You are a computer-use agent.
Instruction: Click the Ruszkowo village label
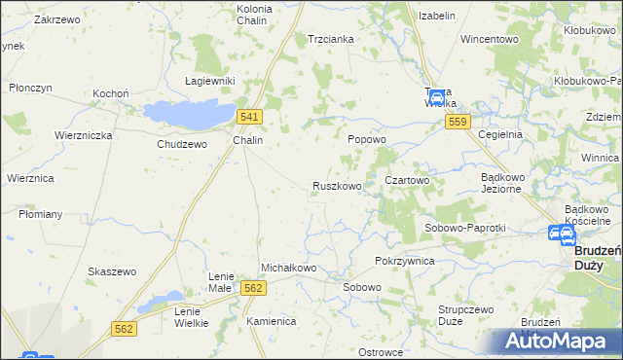337,185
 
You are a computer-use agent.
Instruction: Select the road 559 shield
459,122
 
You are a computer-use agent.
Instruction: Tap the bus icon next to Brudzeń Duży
561,234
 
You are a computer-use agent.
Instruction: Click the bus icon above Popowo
437,98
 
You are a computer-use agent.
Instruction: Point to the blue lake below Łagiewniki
190,114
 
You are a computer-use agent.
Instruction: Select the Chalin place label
248,140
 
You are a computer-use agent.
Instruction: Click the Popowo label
368,139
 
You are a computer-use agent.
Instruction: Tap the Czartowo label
407,180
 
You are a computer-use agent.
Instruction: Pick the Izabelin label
437,17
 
